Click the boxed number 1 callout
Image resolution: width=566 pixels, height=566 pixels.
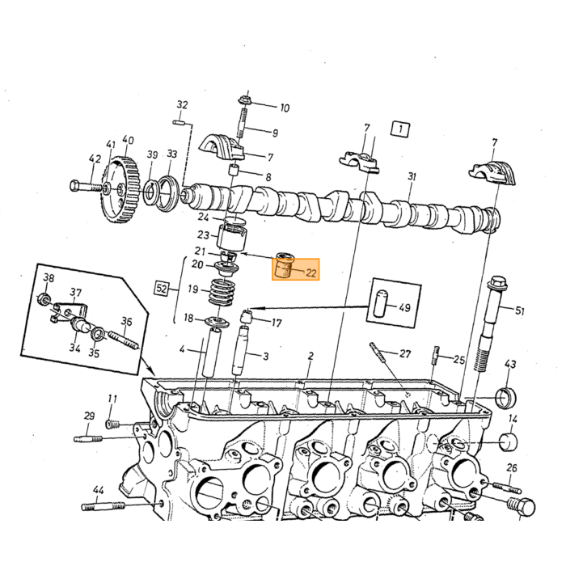(x=400, y=129)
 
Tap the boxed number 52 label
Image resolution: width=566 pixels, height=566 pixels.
(x=161, y=289)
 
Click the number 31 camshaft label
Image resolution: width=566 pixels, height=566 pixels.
(x=412, y=177)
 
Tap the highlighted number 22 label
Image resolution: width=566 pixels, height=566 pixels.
(x=310, y=273)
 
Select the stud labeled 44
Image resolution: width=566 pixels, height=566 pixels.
(x=103, y=506)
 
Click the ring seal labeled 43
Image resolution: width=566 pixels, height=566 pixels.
(x=507, y=398)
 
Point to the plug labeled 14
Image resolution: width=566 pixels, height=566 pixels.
(x=509, y=441)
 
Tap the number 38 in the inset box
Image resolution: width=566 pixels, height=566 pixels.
(x=49, y=278)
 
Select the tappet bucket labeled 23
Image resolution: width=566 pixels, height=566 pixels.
(x=232, y=237)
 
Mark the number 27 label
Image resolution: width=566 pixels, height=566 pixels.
(x=405, y=354)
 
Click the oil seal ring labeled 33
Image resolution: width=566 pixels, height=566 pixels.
(x=169, y=193)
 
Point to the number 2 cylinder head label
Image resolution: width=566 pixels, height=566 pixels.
(x=310, y=357)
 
